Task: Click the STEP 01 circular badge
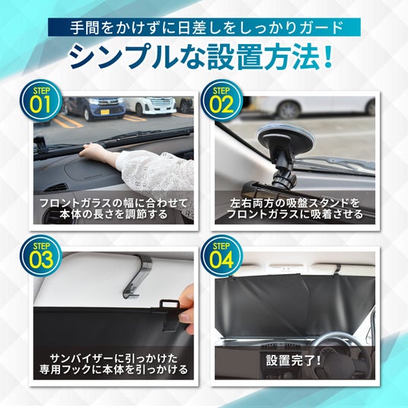click(x=41, y=100)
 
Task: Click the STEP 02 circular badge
click(x=222, y=100)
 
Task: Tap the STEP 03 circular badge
click(x=41, y=256)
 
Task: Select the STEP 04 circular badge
click(x=222, y=256)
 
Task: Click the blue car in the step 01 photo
click(x=94, y=108)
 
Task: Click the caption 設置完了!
click(x=294, y=360)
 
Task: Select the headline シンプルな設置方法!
click(x=201, y=57)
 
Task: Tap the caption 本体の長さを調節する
click(x=113, y=215)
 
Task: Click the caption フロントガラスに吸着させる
click(x=295, y=215)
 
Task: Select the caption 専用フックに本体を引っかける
click(x=113, y=369)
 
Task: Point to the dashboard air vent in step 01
click(x=56, y=187)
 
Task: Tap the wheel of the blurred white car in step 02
click(x=289, y=110)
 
